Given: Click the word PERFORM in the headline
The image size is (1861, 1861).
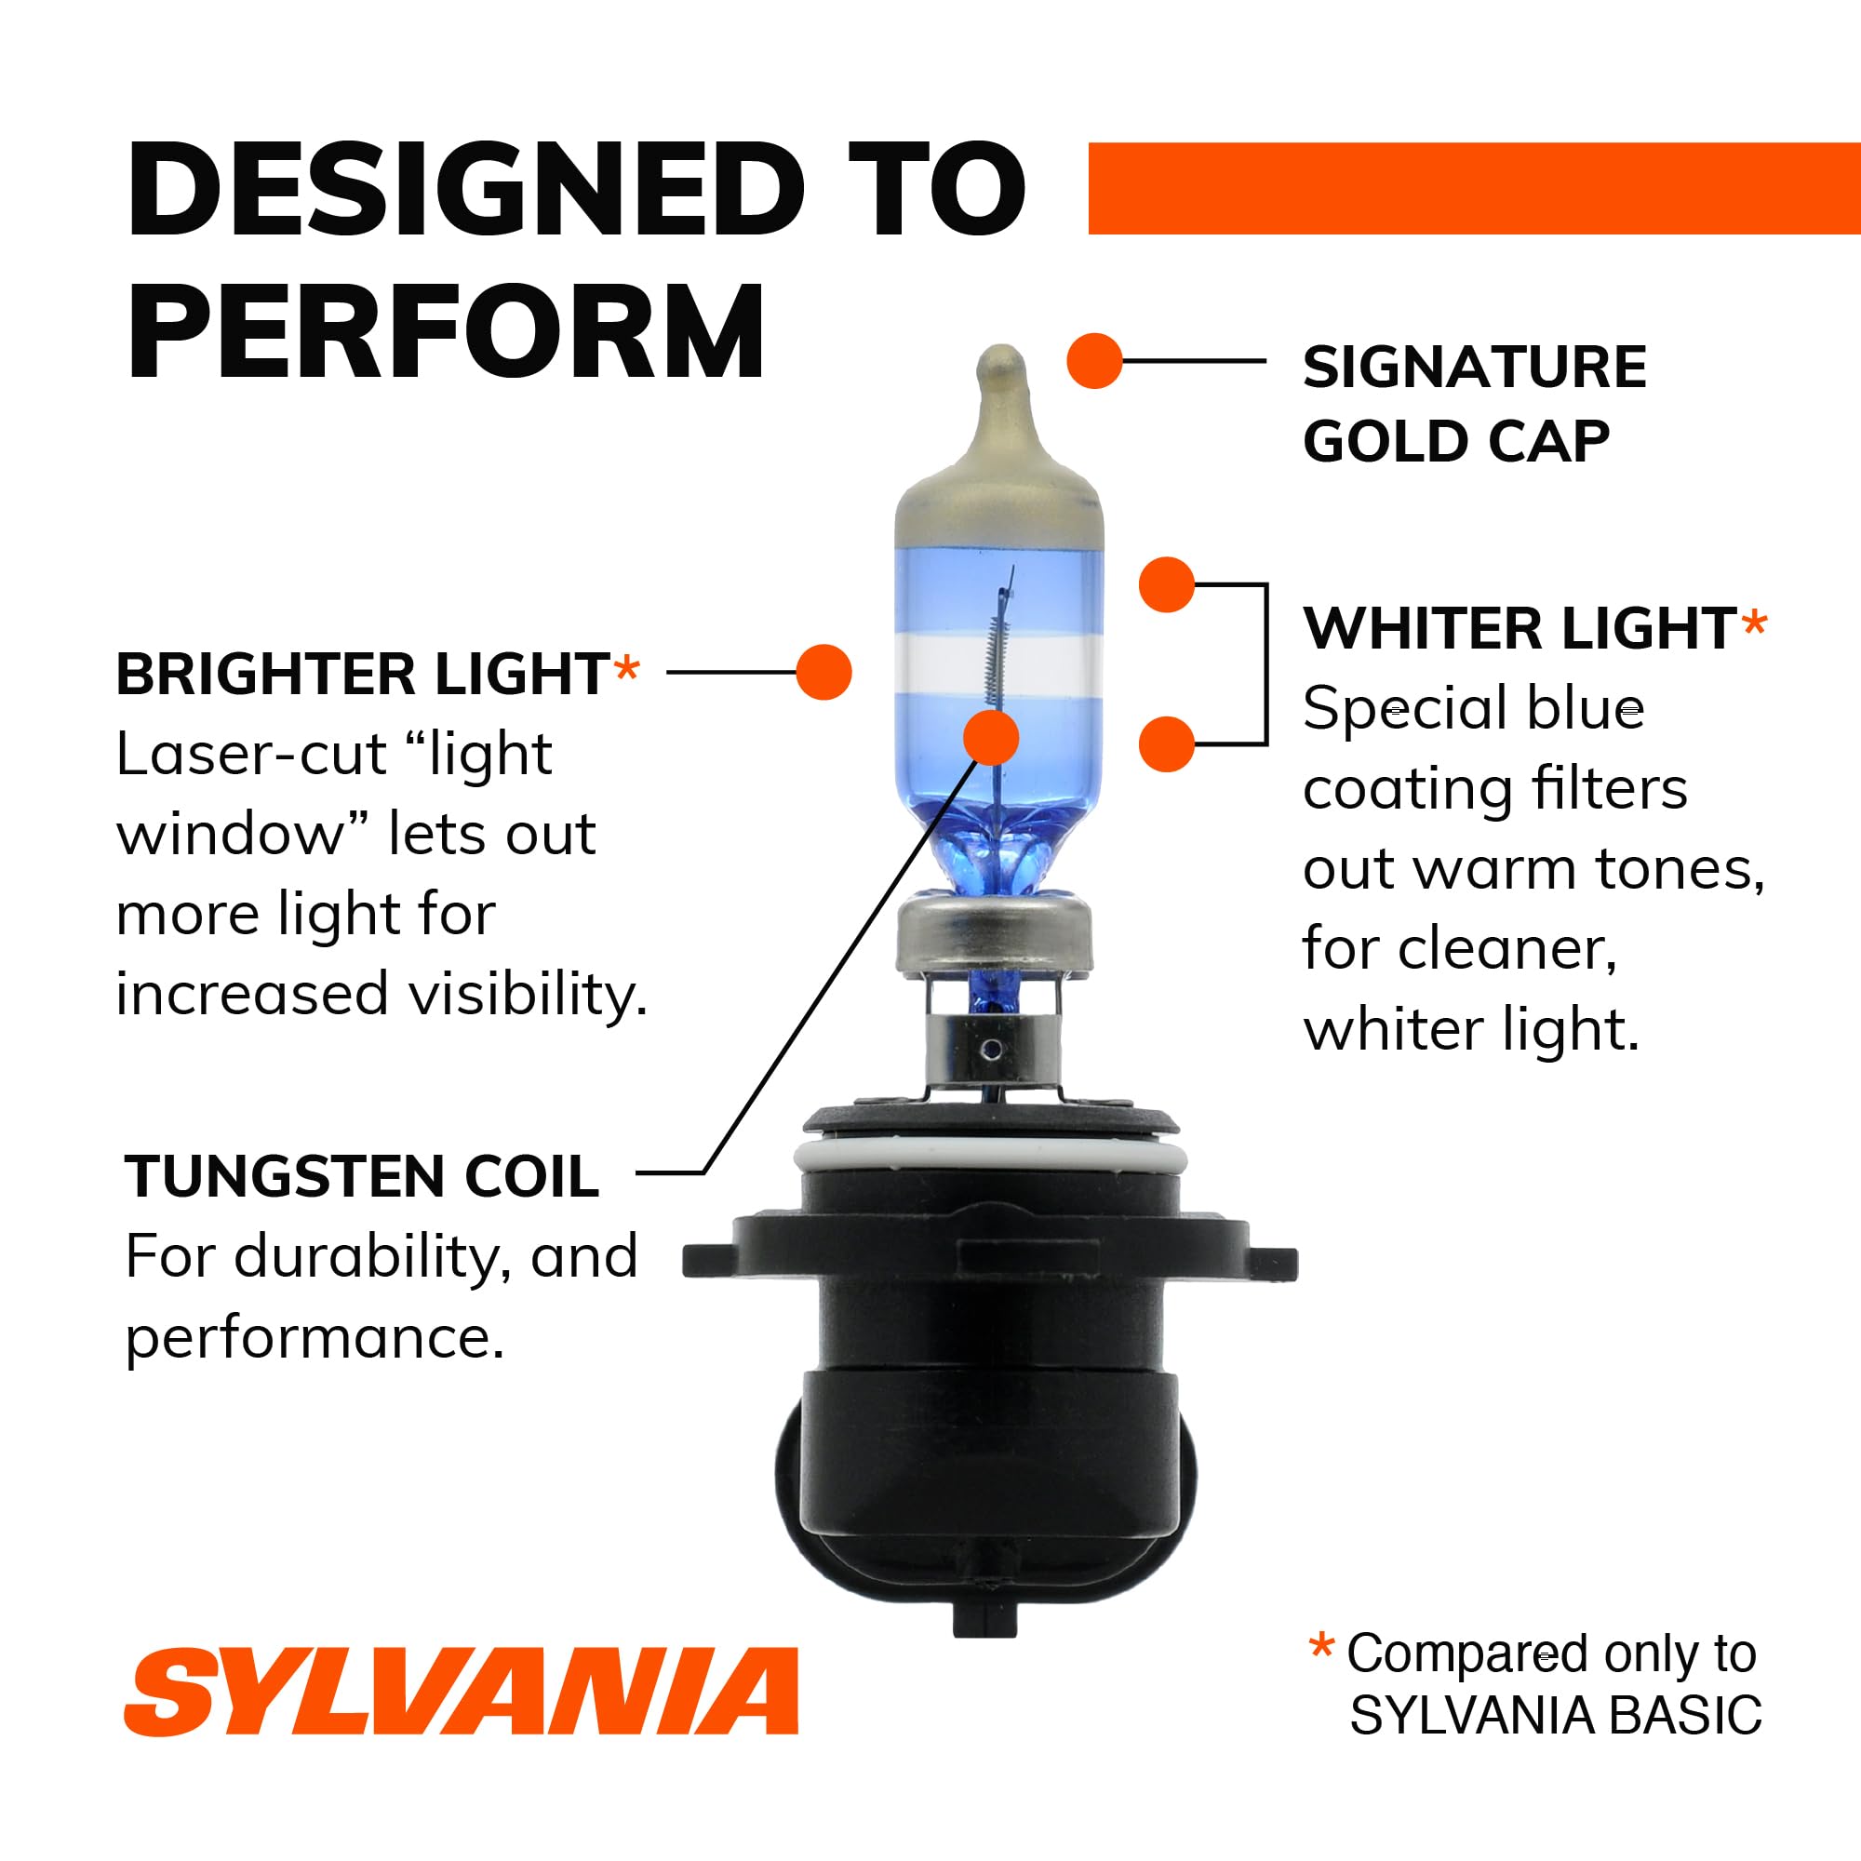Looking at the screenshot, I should click(x=446, y=331).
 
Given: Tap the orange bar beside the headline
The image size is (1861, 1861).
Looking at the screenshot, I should click(x=1473, y=188).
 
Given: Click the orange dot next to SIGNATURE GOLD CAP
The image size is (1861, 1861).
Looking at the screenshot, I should click(x=1094, y=361).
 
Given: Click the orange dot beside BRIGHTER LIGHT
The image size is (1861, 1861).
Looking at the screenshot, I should click(x=823, y=672).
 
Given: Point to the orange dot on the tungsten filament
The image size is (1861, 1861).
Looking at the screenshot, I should click(x=991, y=738).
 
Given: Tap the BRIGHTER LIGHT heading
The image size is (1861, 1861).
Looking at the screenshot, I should click(x=362, y=674).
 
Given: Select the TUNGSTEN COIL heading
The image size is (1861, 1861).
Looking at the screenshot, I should click(x=362, y=1176).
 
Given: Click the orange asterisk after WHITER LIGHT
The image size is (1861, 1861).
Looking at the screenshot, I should click(x=1754, y=624).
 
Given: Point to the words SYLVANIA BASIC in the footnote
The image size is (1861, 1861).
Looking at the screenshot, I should click(x=1555, y=1715).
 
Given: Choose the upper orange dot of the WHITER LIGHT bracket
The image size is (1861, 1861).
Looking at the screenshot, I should click(x=1166, y=583).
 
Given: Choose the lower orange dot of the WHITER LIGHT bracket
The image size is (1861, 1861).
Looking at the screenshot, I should click(x=1166, y=743).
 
